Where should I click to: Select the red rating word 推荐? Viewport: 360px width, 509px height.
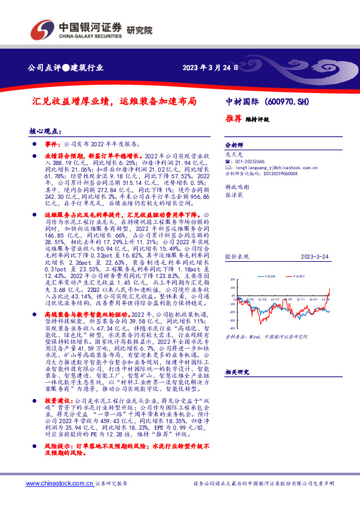pos(232,119)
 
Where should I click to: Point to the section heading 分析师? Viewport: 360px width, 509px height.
pos(234,146)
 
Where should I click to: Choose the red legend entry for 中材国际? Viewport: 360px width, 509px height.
pos(300,276)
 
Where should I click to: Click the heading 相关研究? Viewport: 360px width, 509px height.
pos(236,372)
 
